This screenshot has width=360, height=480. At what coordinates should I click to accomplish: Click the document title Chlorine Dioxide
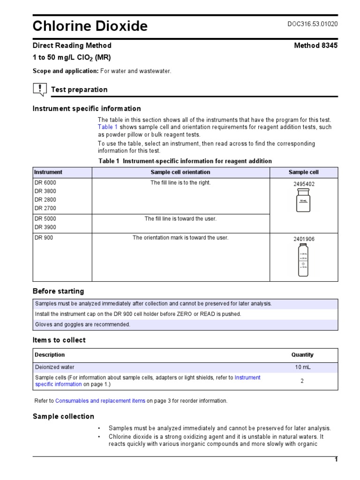(x=90, y=26)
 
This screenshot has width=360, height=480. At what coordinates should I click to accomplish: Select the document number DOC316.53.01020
(x=312, y=24)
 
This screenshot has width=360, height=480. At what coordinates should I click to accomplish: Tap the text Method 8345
(x=315, y=45)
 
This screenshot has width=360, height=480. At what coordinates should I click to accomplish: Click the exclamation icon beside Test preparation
(x=40, y=89)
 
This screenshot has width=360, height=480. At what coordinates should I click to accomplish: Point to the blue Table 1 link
(x=108, y=127)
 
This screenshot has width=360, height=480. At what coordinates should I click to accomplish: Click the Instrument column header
(x=48, y=172)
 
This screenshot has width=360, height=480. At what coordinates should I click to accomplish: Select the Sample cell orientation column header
(x=180, y=172)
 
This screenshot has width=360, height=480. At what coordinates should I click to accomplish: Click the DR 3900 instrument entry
(x=45, y=227)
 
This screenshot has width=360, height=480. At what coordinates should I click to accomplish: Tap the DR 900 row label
(x=44, y=238)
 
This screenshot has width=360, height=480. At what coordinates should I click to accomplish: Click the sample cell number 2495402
(x=304, y=184)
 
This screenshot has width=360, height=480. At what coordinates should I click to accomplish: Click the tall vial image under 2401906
(x=304, y=260)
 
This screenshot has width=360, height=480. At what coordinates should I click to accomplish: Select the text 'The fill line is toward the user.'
(x=180, y=219)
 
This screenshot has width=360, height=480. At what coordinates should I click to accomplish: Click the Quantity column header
(x=302, y=355)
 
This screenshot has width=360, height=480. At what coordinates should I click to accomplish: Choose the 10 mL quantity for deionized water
(x=302, y=367)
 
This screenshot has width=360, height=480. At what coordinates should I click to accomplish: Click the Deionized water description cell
(x=54, y=367)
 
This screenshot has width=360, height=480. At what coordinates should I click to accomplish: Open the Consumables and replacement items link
(x=100, y=401)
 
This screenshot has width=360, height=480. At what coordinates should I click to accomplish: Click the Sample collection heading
(x=63, y=416)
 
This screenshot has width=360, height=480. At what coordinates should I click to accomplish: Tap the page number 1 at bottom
(x=336, y=459)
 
